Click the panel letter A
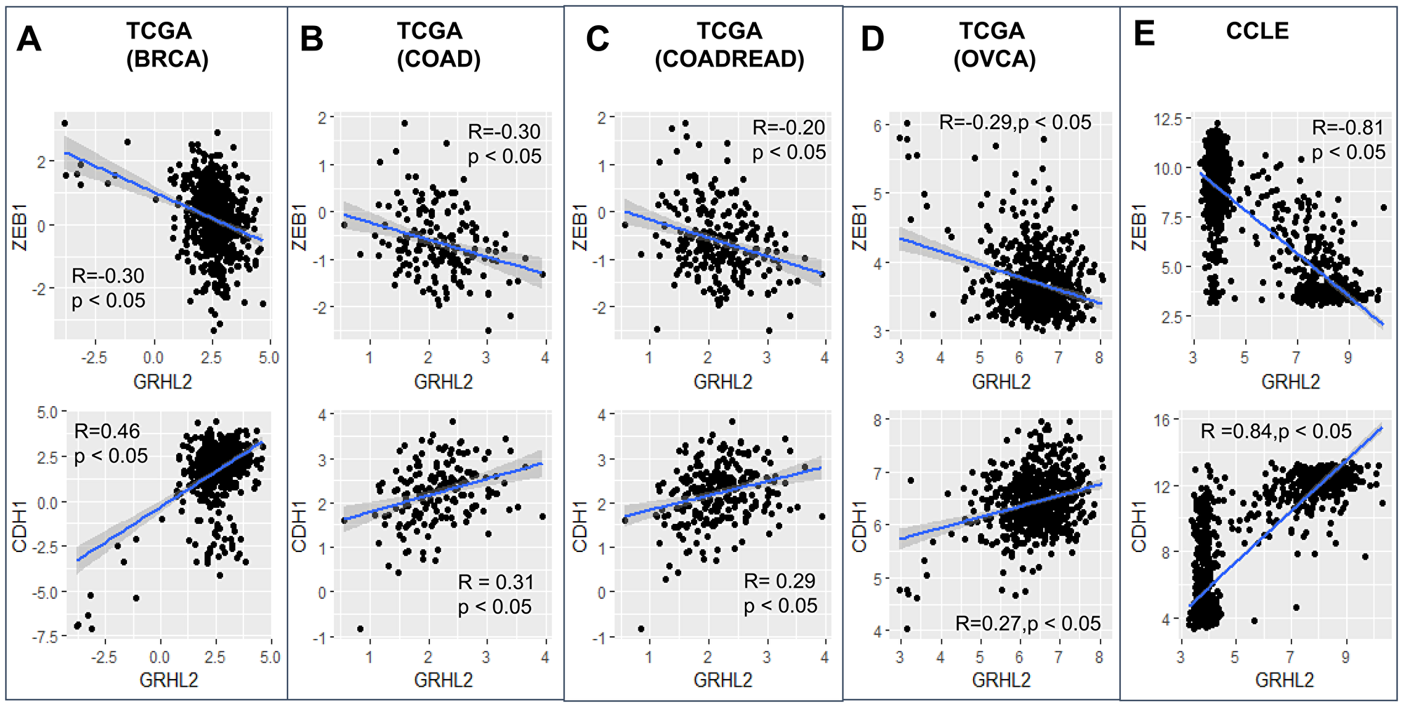pos(29,39)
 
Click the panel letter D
pos(872,39)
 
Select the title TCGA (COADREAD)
pos(729,45)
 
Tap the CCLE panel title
pos(1257,31)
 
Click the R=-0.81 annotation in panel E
pos(1348,128)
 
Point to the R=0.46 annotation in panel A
pos(107,431)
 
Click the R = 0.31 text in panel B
pos(496,582)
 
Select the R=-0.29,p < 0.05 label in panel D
pos(1015,122)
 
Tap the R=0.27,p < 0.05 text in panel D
pos(1028,624)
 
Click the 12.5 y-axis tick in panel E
pos(1168,119)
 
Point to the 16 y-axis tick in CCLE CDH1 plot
pos(1162,420)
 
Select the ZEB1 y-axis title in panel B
pos(300,227)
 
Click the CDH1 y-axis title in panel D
pos(860,526)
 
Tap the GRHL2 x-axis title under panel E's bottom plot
pos(1284,680)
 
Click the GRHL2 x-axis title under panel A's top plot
pos(163,382)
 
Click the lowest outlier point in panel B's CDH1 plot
pos(361,628)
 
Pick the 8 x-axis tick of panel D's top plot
pos(1099,358)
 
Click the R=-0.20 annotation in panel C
pos(788,128)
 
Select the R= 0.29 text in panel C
pos(779,581)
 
